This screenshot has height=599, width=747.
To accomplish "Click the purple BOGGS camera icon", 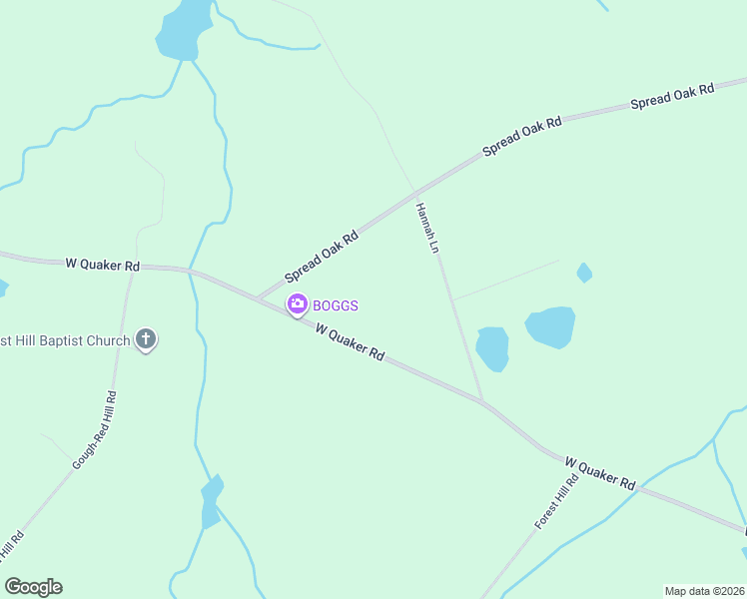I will [x=297, y=304].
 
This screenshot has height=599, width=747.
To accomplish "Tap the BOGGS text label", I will [x=336, y=305].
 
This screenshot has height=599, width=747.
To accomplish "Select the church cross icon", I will [x=146, y=340].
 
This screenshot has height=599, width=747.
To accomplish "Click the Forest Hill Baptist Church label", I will [x=65, y=340].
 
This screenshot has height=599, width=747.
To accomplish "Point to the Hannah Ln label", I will [x=427, y=228].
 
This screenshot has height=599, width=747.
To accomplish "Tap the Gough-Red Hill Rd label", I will [x=95, y=430].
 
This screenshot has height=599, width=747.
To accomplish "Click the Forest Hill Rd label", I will [x=556, y=501].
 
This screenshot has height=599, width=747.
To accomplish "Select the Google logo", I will [x=34, y=586].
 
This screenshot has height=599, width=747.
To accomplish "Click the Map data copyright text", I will [x=705, y=591].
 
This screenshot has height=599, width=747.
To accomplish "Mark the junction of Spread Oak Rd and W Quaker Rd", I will [x=258, y=298].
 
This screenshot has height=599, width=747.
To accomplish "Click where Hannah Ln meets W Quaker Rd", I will [x=482, y=400].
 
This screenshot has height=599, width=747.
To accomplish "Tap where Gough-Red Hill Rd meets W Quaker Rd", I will [x=131, y=268].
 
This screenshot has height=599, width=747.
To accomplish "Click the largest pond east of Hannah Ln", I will [x=550, y=326].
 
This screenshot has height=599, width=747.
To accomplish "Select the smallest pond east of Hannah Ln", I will [x=584, y=272].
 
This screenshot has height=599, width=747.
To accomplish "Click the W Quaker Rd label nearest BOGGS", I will [x=351, y=340].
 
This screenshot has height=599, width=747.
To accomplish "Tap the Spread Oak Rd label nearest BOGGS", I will [x=322, y=257].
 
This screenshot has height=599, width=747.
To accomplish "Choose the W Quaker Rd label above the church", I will [x=103, y=265].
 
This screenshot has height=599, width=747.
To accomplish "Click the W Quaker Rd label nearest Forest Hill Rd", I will [x=600, y=471].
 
